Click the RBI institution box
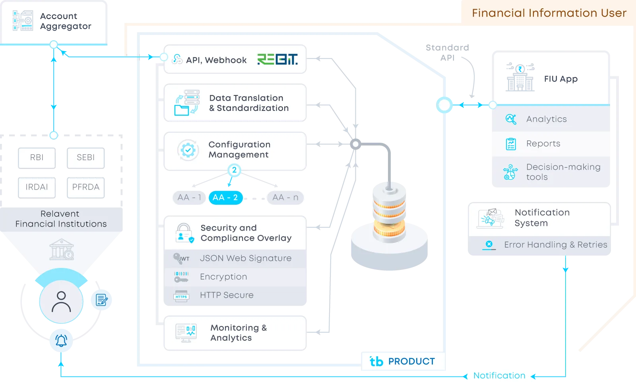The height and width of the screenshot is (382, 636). point(37,157)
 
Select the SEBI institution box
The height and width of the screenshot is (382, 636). point(85,157)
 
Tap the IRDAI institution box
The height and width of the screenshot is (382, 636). point(37,187)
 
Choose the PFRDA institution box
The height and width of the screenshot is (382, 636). point(85,187)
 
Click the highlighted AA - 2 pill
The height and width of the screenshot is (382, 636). point(225,198)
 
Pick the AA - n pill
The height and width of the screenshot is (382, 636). point(285,198)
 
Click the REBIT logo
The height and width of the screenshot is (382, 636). point(277,60)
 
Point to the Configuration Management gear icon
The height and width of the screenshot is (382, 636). point(188,150)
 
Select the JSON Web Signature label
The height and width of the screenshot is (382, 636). point(245,258)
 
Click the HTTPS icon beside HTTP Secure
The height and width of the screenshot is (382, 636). point(181,296)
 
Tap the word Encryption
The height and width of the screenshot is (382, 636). point(223,277)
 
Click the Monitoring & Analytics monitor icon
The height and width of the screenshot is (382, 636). point(186,332)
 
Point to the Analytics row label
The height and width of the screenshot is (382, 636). point(546,119)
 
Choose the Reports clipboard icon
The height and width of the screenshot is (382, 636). point(511,144)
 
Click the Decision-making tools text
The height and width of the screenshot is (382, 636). point(563,172)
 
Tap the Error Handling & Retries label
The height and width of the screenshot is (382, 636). point(555,245)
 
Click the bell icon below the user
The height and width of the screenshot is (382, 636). point(61,341)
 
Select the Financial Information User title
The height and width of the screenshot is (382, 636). point(549,13)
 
